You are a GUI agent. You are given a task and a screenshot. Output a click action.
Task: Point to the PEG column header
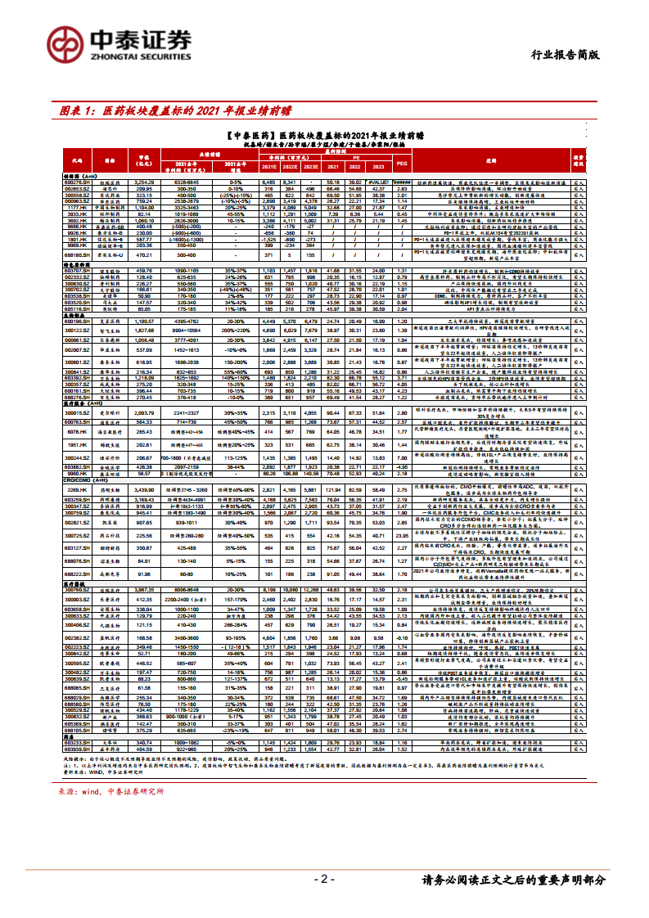point(401,164)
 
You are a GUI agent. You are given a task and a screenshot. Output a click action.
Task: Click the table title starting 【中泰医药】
point(324,134)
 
